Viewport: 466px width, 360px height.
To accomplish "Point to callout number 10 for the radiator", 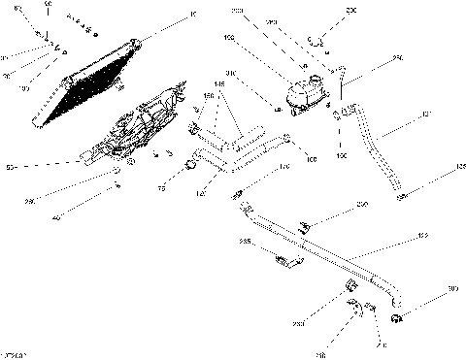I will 194,14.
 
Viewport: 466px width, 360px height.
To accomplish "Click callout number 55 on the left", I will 11,168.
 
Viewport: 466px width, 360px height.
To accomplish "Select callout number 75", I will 161,191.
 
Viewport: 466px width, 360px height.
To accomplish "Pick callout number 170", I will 284,167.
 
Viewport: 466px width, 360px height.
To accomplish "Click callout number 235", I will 246,240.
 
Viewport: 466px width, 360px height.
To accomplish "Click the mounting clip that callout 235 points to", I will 286,259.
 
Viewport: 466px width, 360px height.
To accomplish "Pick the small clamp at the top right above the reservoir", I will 316,40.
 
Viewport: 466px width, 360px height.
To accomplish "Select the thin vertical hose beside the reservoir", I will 340,82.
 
